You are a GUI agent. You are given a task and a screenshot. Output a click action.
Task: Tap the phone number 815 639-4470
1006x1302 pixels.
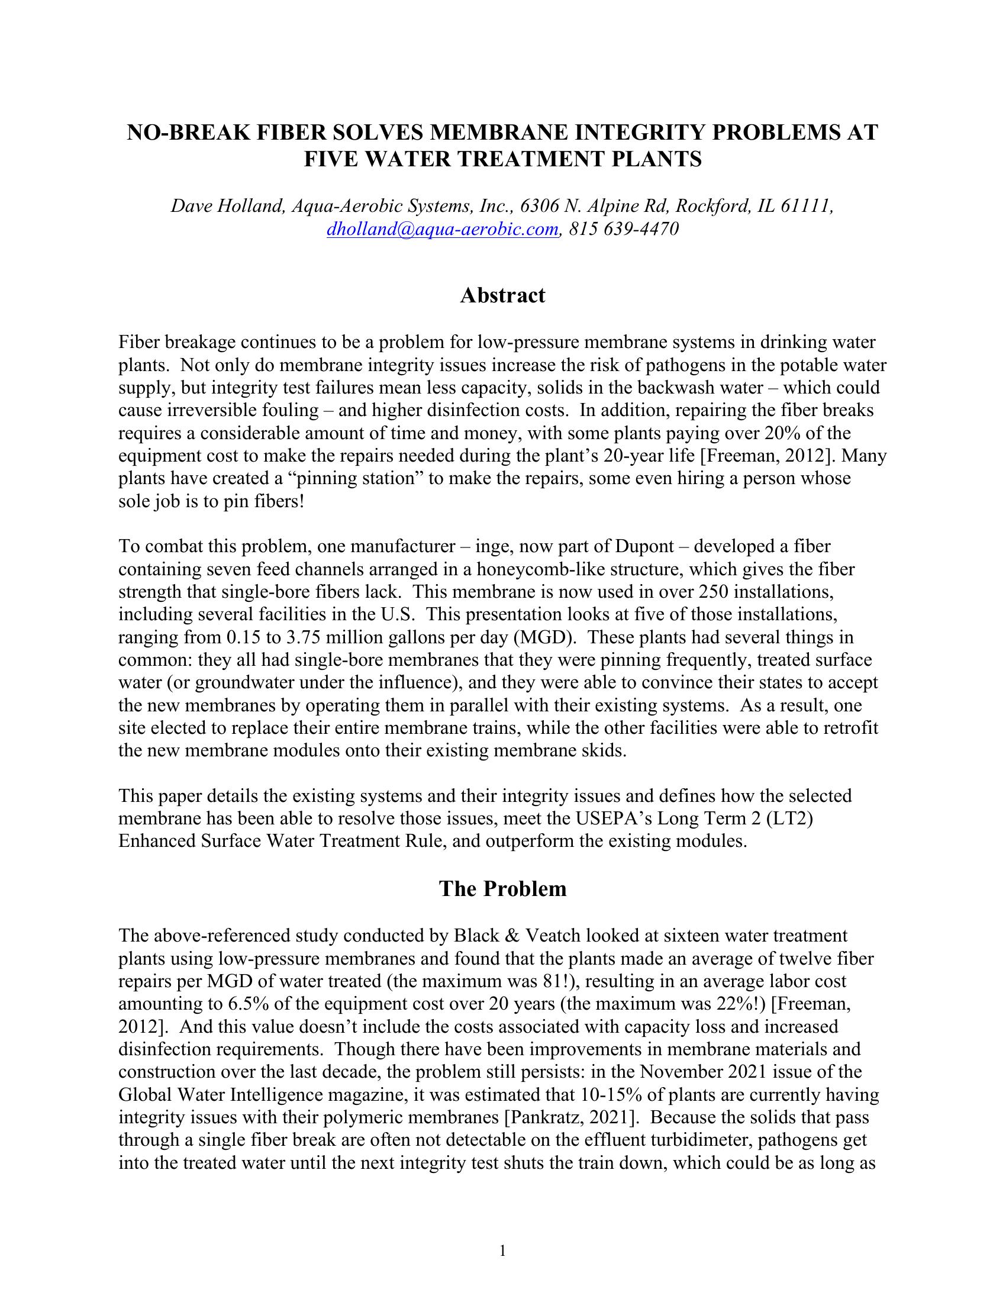point(624,229)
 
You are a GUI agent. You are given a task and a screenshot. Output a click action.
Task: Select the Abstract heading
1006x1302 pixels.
point(502,295)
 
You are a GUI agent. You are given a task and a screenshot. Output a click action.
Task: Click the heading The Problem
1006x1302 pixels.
point(502,889)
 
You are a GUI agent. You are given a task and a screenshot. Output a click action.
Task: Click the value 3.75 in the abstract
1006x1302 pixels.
point(304,637)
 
